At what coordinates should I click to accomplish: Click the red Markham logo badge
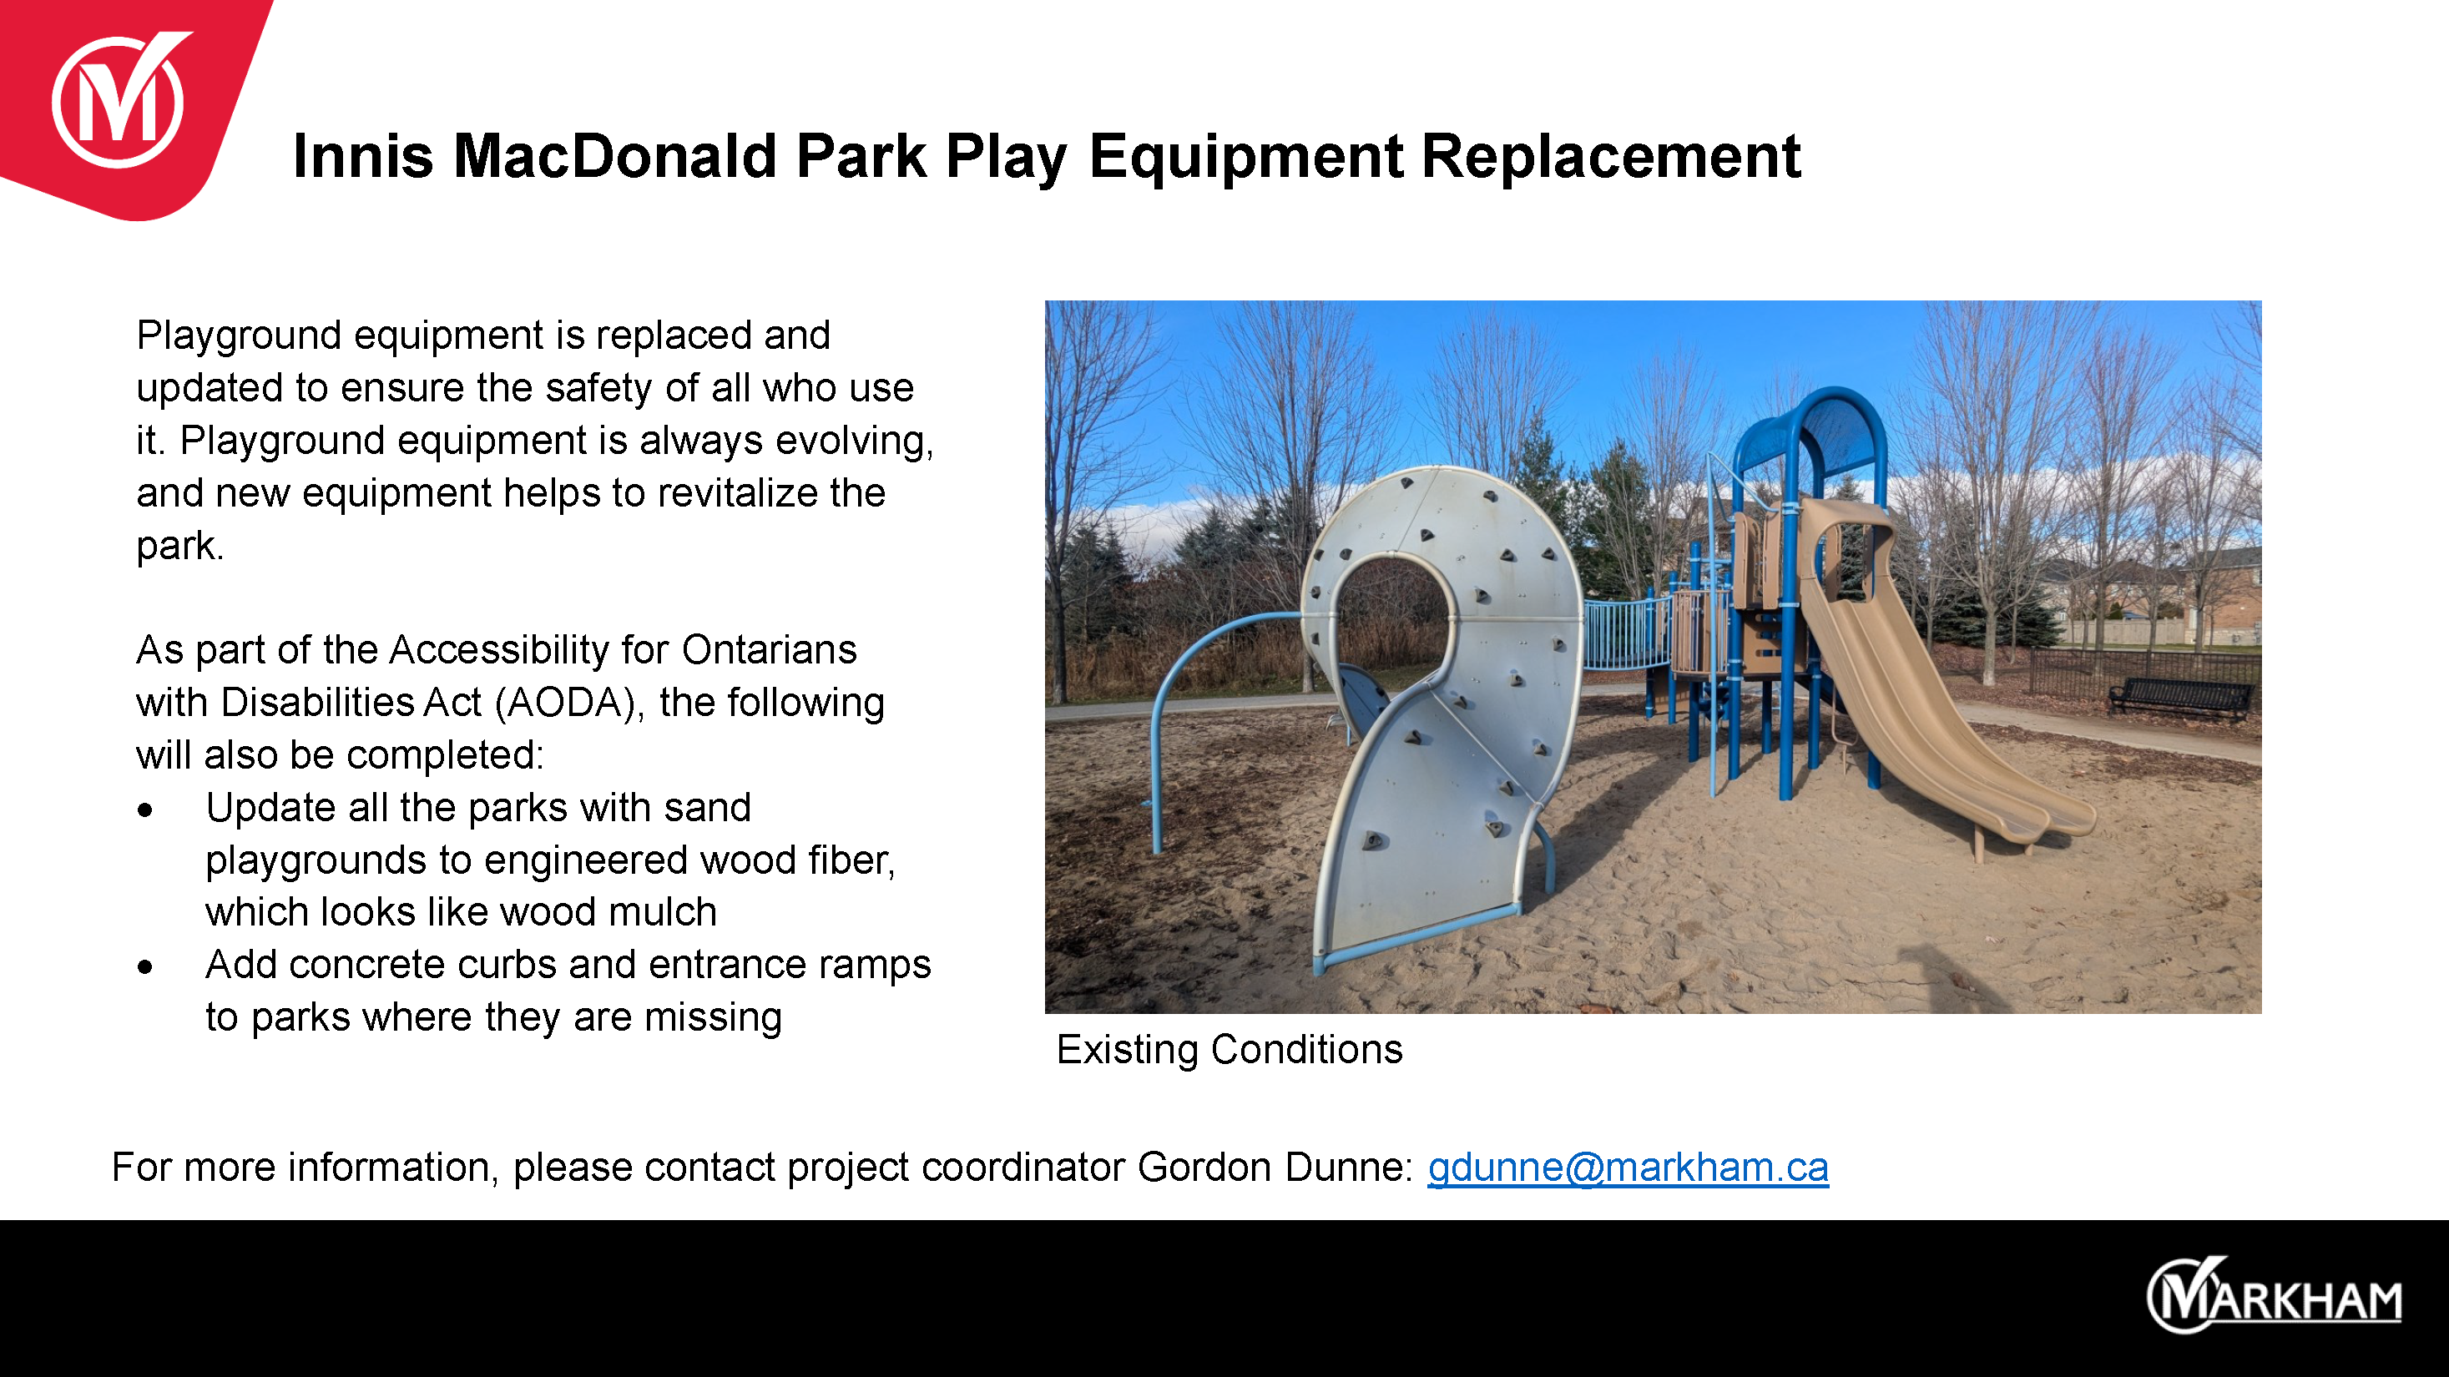124,104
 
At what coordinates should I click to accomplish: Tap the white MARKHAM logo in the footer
2274,1295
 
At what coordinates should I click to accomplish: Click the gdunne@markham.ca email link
1628,1167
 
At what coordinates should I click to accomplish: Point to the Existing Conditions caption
1230,1049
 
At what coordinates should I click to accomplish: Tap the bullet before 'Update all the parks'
144,810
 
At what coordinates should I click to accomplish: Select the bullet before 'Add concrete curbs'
144,967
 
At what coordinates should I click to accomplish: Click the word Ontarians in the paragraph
769,650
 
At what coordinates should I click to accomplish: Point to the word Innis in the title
363,156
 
